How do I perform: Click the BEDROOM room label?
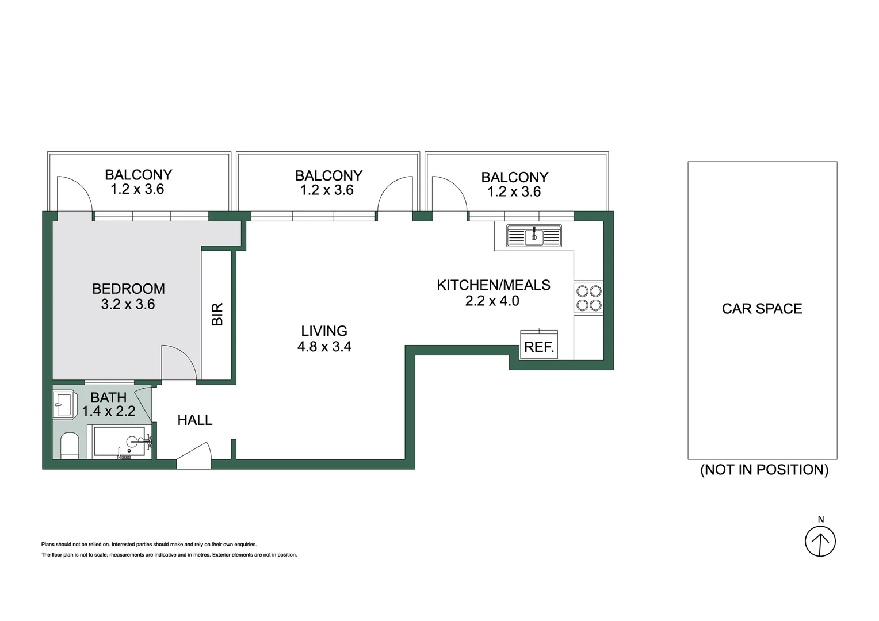(128, 289)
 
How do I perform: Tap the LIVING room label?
(324, 331)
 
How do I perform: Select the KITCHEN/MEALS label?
(494, 285)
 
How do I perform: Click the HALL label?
(195, 420)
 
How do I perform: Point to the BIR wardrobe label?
(217, 315)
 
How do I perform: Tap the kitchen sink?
(534, 236)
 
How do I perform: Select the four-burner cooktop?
(588, 298)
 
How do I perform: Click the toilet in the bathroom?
(69, 446)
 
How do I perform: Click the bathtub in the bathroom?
(121, 442)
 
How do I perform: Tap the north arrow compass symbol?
(820, 541)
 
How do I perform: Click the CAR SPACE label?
(762, 309)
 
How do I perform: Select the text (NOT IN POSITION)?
(764, 470)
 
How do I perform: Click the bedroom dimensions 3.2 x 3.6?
(128, 304)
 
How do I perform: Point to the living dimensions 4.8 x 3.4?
(324, 347)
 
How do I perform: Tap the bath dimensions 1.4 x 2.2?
(108, 411)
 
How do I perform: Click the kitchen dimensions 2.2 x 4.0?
(492, 301)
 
